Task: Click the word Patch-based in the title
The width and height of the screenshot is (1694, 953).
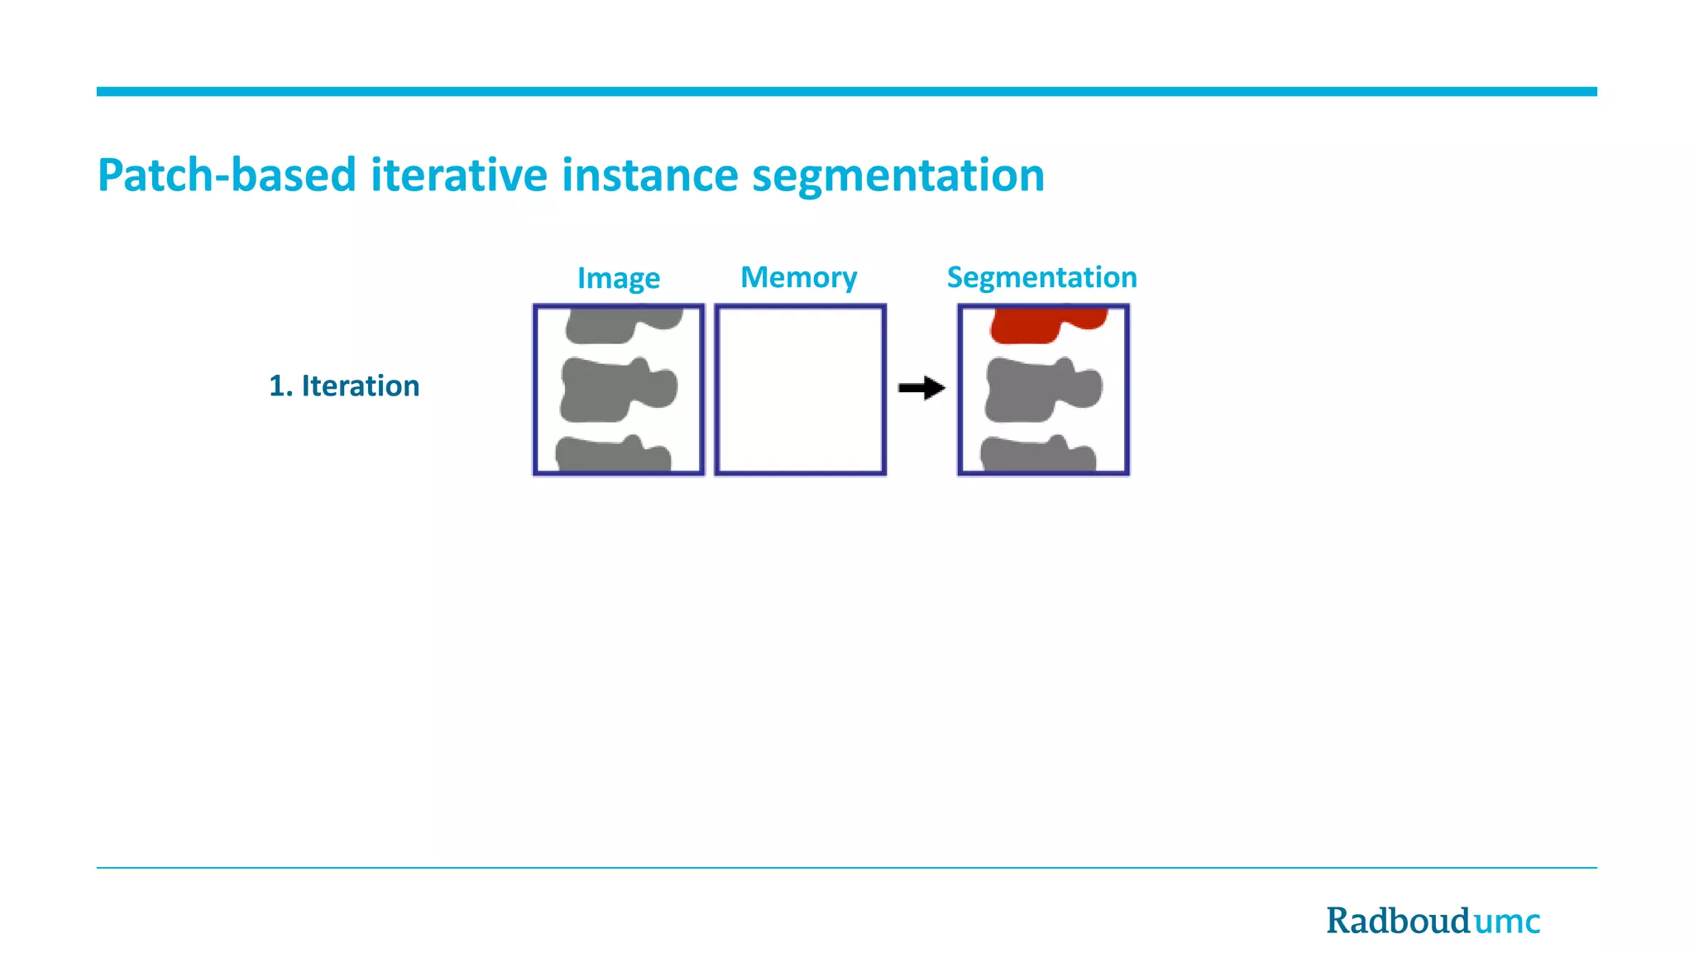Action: [x=226, y=175]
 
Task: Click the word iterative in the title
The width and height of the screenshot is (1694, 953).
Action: [x=458, y=175]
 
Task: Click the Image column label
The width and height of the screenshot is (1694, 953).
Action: [x=618, y=278]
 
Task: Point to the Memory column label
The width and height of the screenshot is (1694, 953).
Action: [x=798, y=277]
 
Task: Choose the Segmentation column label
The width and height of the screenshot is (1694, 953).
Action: [x=1041, y=277]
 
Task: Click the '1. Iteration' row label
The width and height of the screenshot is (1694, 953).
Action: [x=344, y=386]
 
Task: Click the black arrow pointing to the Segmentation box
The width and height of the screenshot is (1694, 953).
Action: [x=921, y=387]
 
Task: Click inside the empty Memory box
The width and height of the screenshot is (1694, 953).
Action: [x=800, y=390]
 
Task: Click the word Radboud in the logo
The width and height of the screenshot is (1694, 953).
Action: [x=1398, y=921]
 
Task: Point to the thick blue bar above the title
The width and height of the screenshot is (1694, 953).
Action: [x=846, y=92]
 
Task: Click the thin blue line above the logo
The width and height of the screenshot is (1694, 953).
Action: [x=846, y=867]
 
